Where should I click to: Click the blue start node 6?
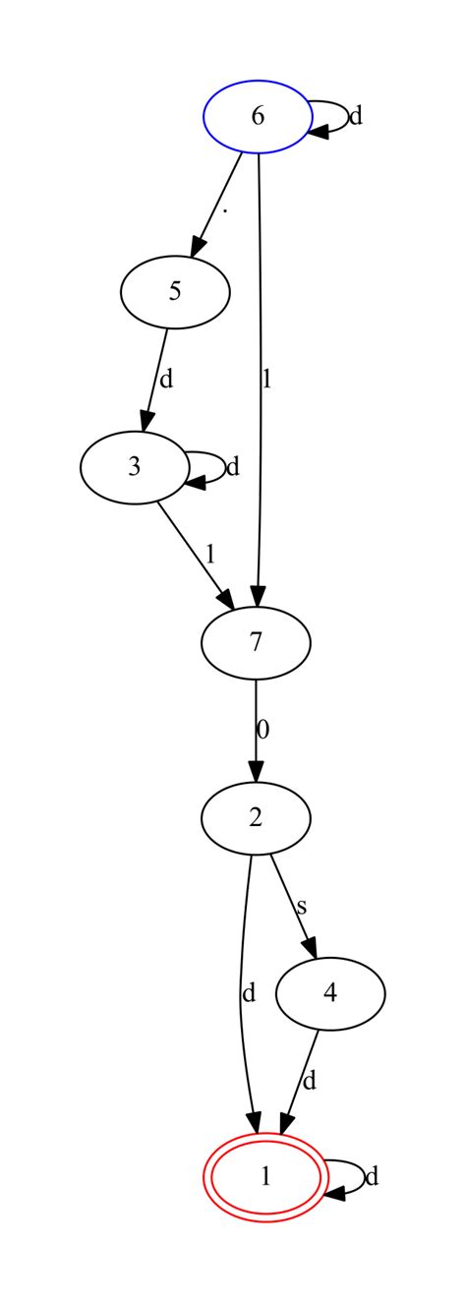coord(258,116)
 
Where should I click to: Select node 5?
coord(175,291)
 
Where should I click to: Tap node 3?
coord(134,466)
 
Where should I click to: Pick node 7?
coord(256,642)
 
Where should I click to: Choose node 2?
coord(256,817)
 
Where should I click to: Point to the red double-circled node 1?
coord(264,1176)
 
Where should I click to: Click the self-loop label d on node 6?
coord(356,116)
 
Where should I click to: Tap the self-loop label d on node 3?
coord(233,466)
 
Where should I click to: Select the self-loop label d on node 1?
coord(372,1176)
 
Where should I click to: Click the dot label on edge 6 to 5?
coord(226,211)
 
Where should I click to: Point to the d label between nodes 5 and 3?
coord(166,379)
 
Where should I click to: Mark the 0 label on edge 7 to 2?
coord(262,730)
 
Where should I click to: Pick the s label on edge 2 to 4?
coord(303,905)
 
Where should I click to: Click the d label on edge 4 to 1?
coord(310,1082)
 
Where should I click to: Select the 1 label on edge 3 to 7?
coord(209,554)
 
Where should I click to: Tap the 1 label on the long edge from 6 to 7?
coord(265,379)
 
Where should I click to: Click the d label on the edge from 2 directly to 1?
coord(248,993)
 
